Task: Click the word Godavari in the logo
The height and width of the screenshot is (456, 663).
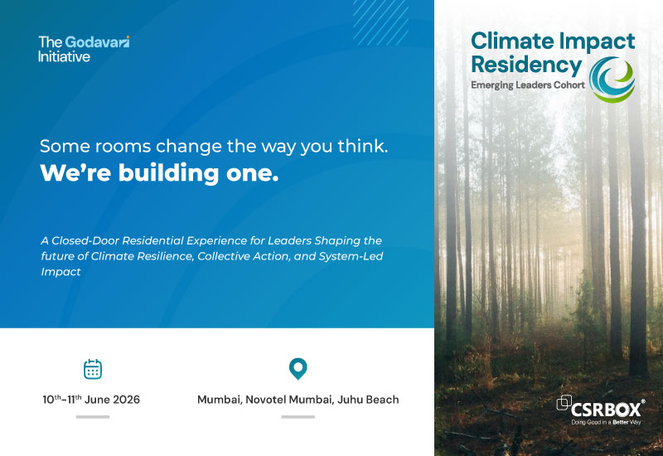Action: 97,42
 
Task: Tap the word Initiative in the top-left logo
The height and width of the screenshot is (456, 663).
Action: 64,56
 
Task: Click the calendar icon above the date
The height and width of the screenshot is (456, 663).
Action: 93,369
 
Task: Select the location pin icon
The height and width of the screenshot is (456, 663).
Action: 298,369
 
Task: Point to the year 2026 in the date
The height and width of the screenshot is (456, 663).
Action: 126,400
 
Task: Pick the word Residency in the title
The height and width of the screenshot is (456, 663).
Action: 526,65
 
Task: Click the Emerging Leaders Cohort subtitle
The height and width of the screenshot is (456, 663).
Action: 528,85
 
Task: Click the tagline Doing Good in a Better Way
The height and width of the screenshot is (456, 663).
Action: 606,422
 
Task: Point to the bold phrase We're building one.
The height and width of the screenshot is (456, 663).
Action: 159,173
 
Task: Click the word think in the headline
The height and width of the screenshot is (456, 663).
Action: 362,147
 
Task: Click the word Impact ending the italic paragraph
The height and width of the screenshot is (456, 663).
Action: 60,272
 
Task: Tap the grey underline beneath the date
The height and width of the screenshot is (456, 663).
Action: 93,417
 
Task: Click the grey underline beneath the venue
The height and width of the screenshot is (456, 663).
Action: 298,417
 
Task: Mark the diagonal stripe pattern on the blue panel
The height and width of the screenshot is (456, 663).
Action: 380,22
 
